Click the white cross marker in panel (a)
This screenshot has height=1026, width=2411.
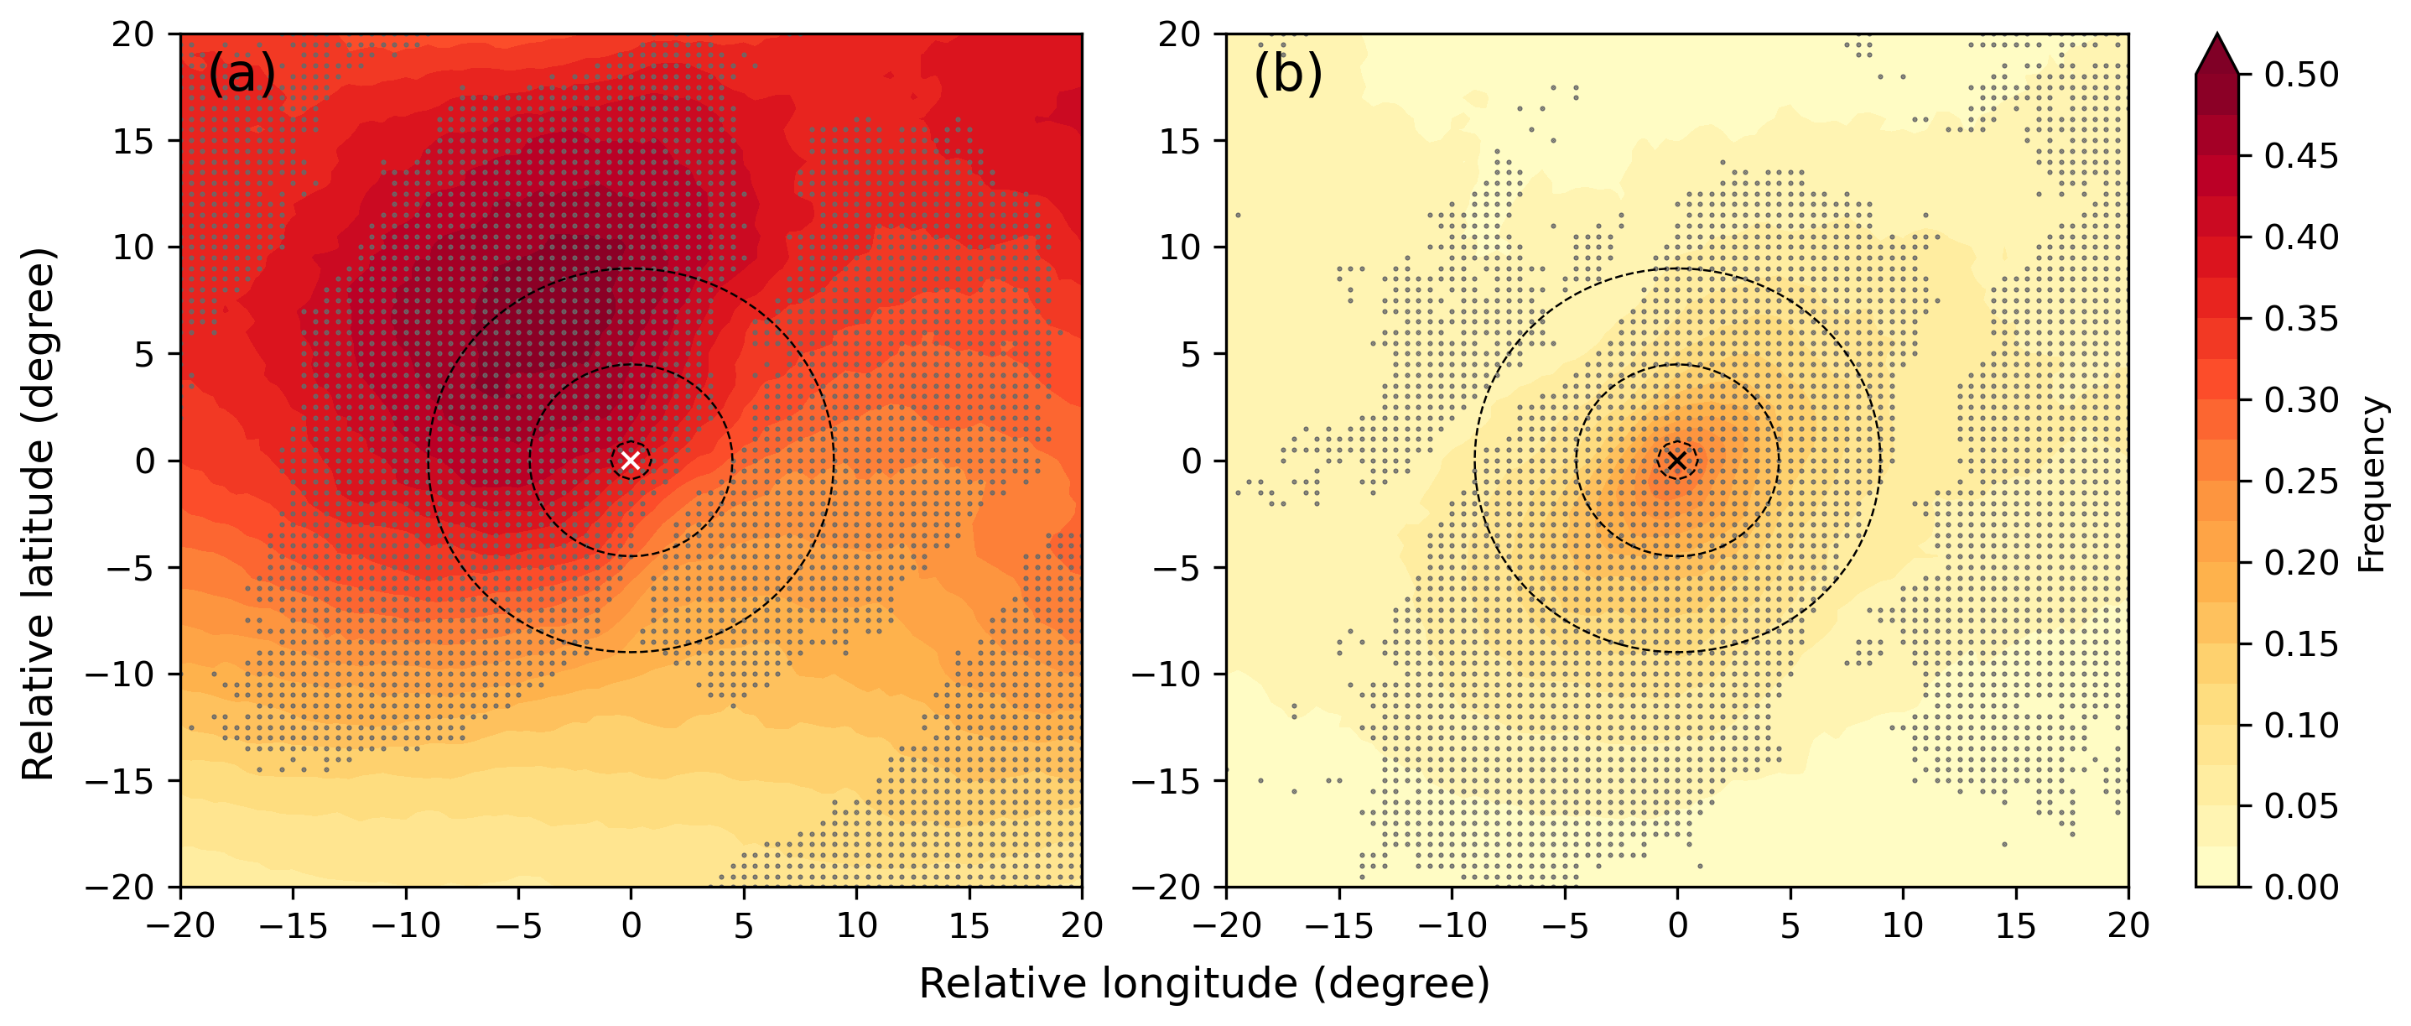(x=631, y=461)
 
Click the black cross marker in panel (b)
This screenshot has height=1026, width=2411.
(x=1677, y=461)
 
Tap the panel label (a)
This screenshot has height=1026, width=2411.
(x=242, y=73)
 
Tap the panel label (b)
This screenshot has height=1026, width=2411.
(x=1288, y=73)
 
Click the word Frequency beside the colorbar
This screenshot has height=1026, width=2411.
(x=2372, y=484)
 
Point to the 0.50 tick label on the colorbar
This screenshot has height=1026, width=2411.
(x=2300, y=75)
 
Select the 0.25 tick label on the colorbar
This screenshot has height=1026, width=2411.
(x=2300, y=482)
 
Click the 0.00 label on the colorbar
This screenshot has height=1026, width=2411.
(x=2300, y=887)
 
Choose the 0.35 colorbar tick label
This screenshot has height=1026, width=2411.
(x=2300, y=318)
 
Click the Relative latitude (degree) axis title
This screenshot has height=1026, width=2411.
(x=39, y=514)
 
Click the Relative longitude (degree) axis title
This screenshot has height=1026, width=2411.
(x=1203, y=984)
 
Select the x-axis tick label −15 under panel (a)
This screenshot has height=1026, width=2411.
(x=293, y=926)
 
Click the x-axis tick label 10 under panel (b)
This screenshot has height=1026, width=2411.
(x=1903, y=926)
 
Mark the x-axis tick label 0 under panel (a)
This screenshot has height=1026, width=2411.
(x=631, y=926)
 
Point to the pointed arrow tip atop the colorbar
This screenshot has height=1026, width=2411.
(x=2216, y=38)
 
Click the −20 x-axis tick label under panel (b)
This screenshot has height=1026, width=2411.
(x=1226, y=926)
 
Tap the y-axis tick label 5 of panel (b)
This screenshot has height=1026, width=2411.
(x=1190, y=355)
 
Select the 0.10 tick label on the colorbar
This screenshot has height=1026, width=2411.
(x=2300, y=725)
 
